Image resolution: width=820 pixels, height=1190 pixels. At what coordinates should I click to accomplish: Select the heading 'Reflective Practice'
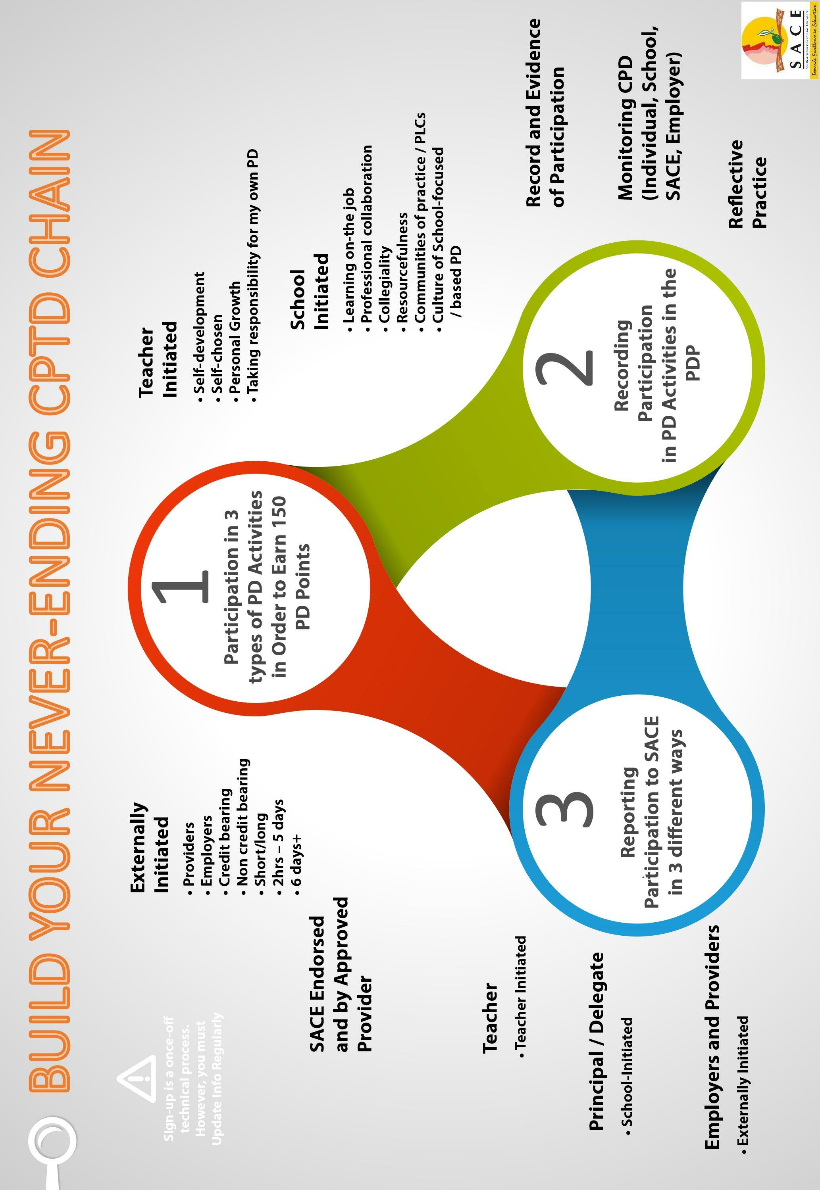point(747,183)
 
